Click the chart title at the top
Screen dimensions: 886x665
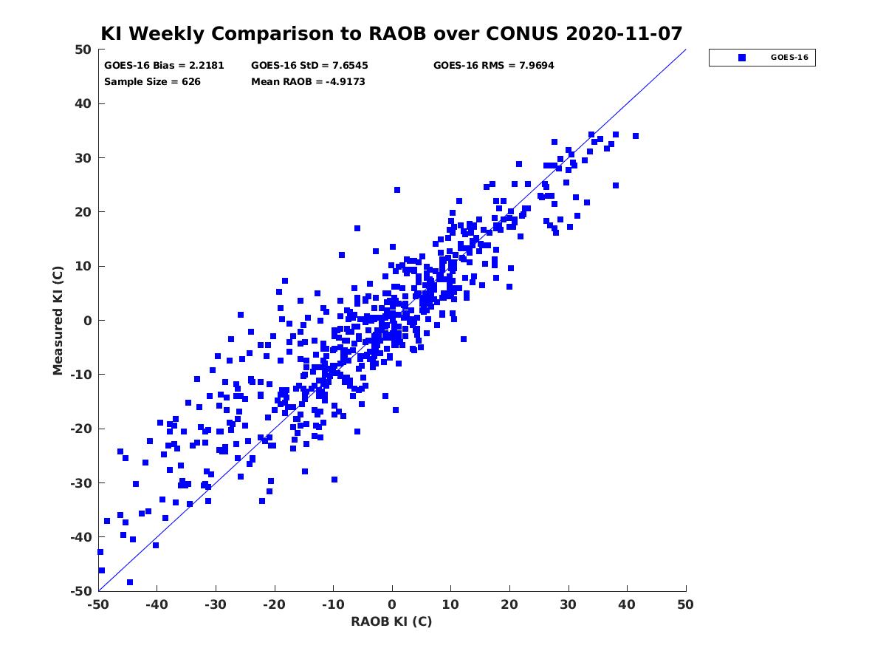coord(391,33)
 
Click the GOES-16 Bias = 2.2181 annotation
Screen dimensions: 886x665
coord(164,66)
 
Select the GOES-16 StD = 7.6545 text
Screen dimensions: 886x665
coord(309,66)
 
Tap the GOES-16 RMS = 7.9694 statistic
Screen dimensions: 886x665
coord(493,66)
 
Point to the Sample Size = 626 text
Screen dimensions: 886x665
coord(152,82)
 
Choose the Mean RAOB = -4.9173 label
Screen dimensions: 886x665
coord(308,82)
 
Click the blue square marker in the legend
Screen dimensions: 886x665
coord(741,58)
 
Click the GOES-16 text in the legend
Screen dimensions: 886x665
coord(789,58)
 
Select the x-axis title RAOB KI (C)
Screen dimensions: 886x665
coord(391,621)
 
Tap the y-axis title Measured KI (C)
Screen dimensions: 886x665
coord(58,321)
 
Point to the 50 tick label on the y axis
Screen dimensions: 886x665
coord(83,50)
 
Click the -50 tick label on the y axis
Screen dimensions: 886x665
coord(81,591)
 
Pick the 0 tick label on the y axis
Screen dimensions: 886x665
coord(88,321)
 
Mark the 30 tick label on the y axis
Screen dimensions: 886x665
coord(83,158)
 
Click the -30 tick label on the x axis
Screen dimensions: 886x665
coord(215,604)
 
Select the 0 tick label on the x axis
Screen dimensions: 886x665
coord(392,604)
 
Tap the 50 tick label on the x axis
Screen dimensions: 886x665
coord(685,604)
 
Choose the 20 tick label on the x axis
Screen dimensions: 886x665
coord(509,604)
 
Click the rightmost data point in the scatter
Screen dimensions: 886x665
coord(636,136)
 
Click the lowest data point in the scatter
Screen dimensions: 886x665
coord(129,582)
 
